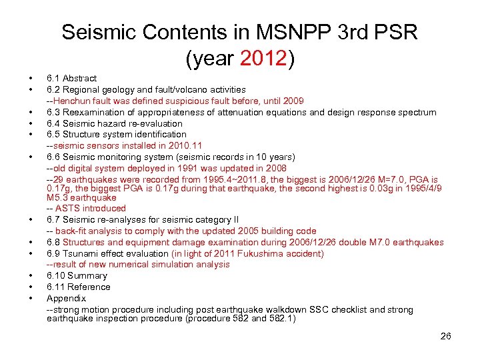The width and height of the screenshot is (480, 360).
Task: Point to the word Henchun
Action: coord(72,101)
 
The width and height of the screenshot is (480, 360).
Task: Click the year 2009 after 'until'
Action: coord(293,101)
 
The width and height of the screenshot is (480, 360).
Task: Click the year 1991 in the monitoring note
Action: coord(178,168)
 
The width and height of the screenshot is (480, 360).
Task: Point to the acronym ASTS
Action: coord(69,209)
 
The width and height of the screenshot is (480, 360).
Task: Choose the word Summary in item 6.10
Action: coord(87,276)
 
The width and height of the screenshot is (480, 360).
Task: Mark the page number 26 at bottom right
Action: coord(446,336)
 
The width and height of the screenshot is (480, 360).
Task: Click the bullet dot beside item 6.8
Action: coord(31,243)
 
